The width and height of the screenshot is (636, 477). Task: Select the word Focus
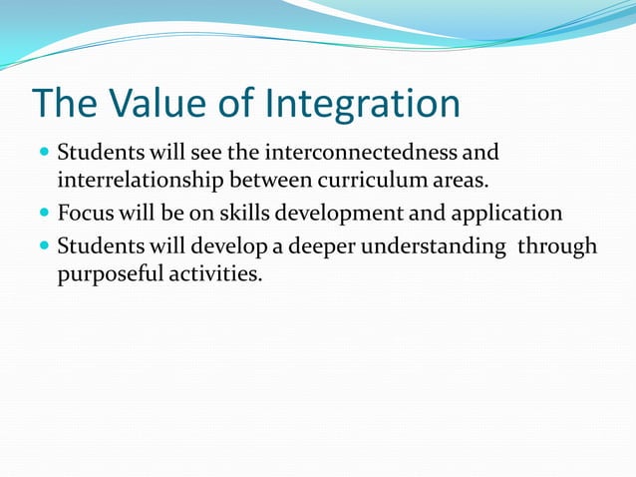pos(86,214)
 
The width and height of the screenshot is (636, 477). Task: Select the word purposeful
pos(106,274)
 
